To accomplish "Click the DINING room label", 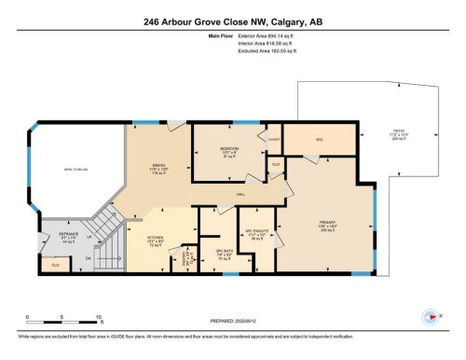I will (158, 167).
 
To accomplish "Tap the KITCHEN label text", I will (156, 238).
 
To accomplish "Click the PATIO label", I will (399, 132).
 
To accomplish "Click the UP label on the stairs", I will (89, 237).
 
